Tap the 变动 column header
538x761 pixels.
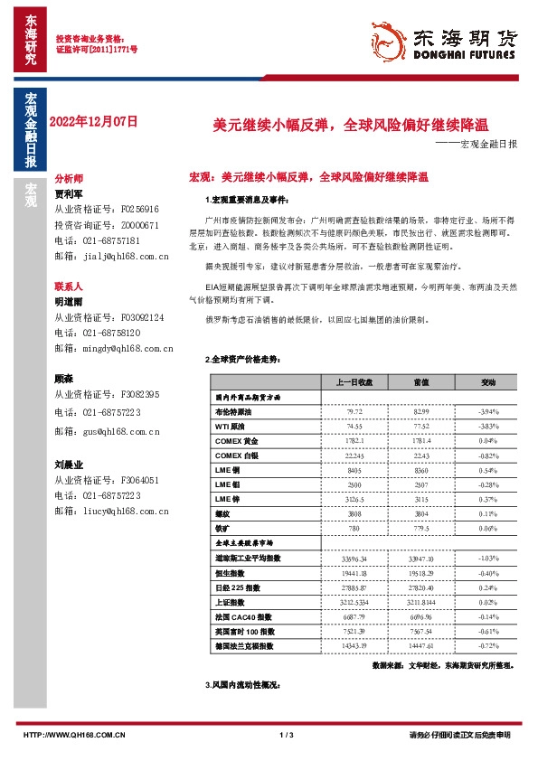point(487,382)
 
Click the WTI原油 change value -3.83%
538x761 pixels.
point(487,426)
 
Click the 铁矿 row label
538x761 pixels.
point(222,528)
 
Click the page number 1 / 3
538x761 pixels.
point(288,735)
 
